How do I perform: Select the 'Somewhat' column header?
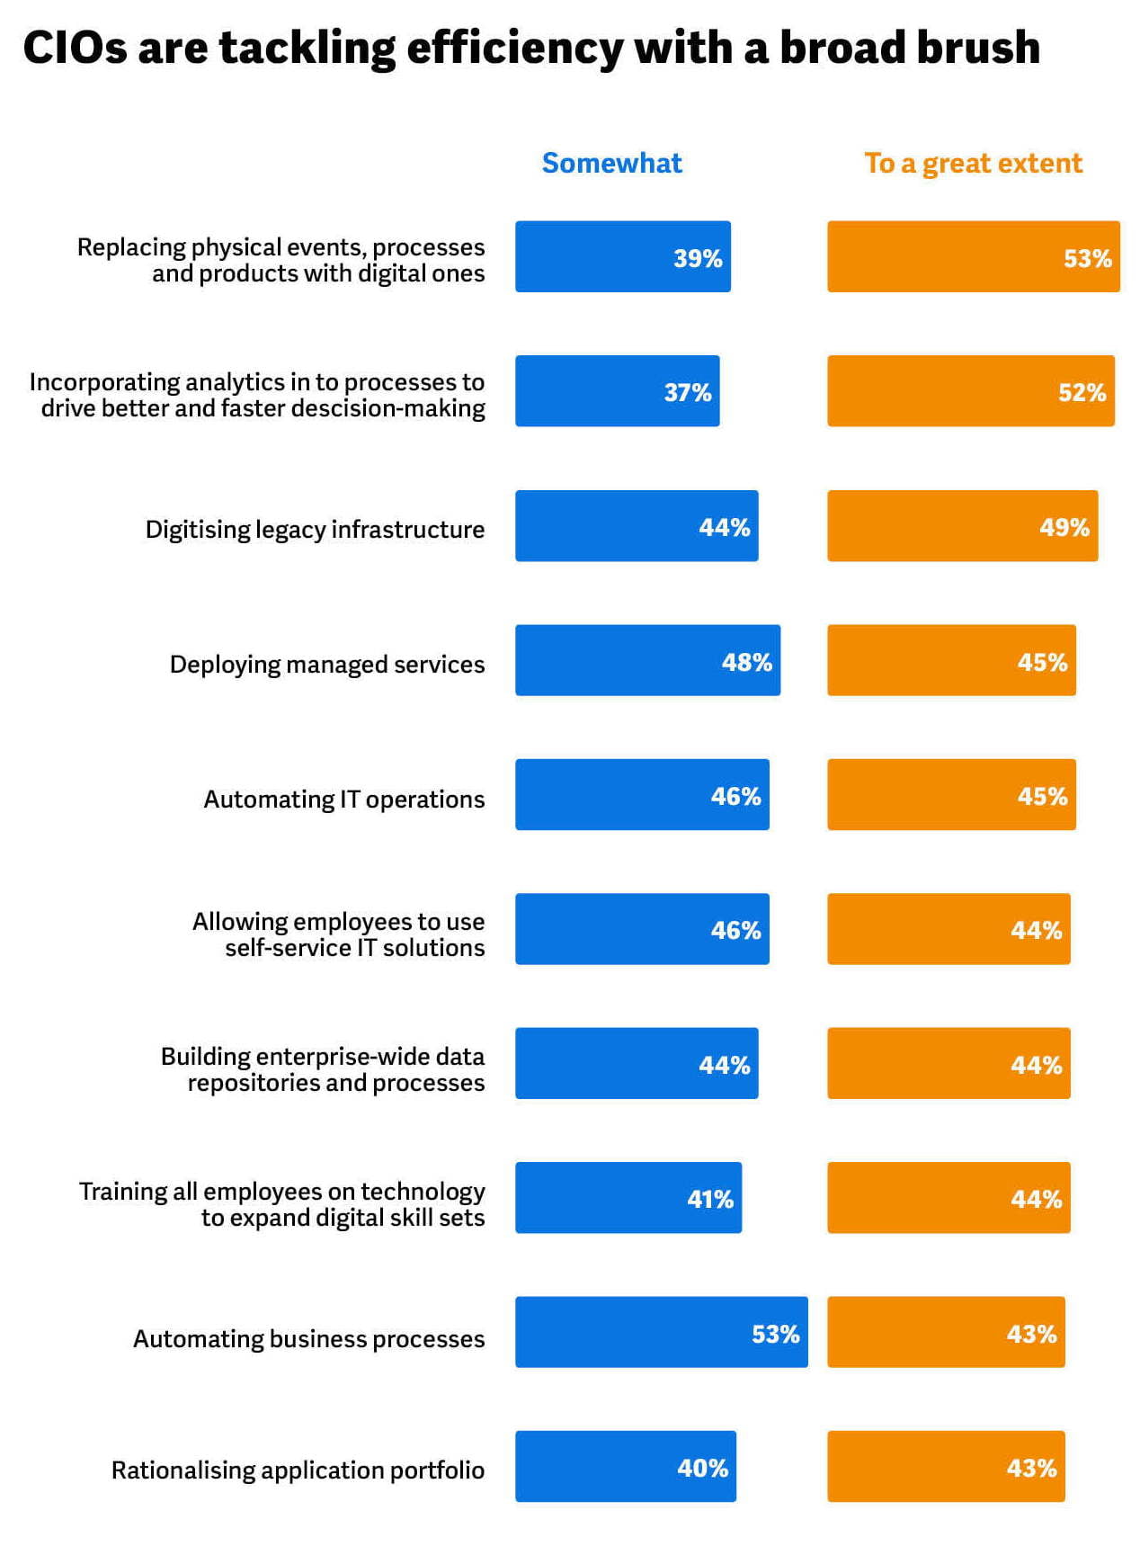(611, 163)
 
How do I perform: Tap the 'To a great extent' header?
(973, 163)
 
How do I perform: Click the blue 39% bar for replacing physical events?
(622, 256)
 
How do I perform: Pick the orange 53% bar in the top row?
(973, 256)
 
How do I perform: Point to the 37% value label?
(687, 392)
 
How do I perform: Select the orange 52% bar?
(970, 391)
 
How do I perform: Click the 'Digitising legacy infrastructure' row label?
(315, 529)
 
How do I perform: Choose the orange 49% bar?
(962, 526)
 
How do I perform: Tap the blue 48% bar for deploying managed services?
(647, 660)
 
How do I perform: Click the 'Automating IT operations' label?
(343, 799)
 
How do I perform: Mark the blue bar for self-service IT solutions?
(642, 929)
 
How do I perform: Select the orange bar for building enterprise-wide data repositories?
(949, 1063)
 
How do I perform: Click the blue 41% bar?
(628, 1198)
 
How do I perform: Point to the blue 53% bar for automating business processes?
(661, 1332)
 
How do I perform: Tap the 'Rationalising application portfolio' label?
(298, 1470)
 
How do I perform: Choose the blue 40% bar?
(625, 1466)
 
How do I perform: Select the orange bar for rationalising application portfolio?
(946, 1466)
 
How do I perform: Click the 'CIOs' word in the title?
(75, 48)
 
